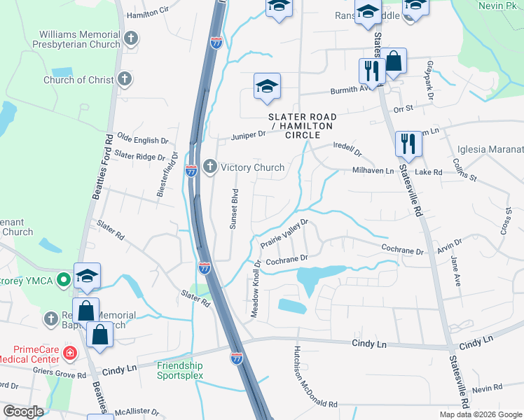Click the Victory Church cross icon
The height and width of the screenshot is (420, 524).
pos(209,167)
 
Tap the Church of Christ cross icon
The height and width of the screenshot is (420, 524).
pos(125,79)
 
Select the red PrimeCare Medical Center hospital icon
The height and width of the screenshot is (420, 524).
pos(69,353)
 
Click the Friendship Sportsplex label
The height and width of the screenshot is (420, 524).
pos(179,370)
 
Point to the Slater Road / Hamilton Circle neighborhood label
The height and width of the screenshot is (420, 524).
pos(302,125)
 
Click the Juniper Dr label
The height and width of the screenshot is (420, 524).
pos(249,133)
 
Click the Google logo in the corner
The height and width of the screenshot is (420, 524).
pos(23,411)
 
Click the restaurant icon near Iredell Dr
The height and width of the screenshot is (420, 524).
pos(406,143)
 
